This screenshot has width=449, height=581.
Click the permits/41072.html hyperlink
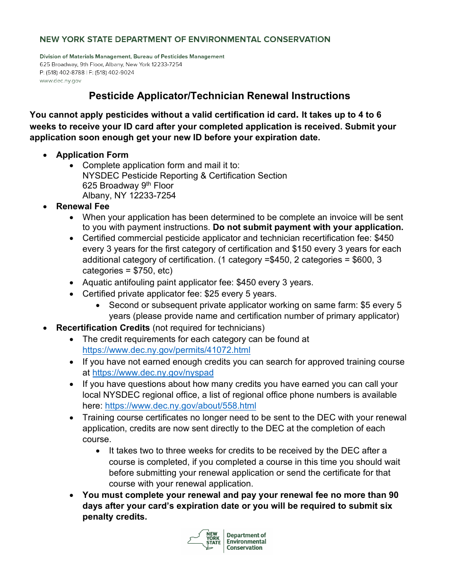click(166, 350)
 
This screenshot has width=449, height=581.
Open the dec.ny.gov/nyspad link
click(153, 373)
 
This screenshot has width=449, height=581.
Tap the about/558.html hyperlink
click(180, 406)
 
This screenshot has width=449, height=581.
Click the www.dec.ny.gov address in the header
click(60, 81)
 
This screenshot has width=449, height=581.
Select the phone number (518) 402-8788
click(65, 72)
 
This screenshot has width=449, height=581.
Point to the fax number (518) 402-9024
click(114, 72)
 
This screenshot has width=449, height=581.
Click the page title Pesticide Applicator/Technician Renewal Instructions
click(219, 96)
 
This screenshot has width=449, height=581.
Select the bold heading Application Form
click(92, 155)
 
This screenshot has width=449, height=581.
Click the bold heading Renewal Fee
click(83, 206)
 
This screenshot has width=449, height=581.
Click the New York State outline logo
click(204, 539)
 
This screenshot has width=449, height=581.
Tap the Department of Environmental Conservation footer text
click(246, 542)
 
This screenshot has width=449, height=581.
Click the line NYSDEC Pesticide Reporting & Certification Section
click(184, 176)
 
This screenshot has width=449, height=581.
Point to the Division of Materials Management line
click(132, 56)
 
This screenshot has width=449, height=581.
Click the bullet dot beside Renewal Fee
click(45, 207)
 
